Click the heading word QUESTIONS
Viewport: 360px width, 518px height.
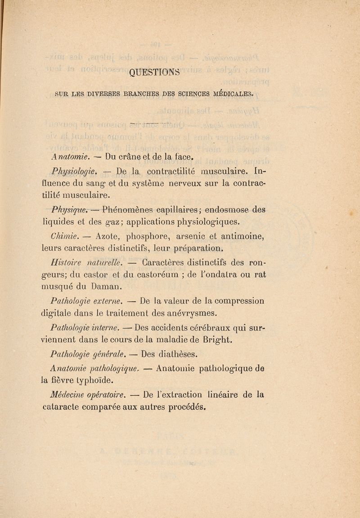[x=154, y=72]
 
